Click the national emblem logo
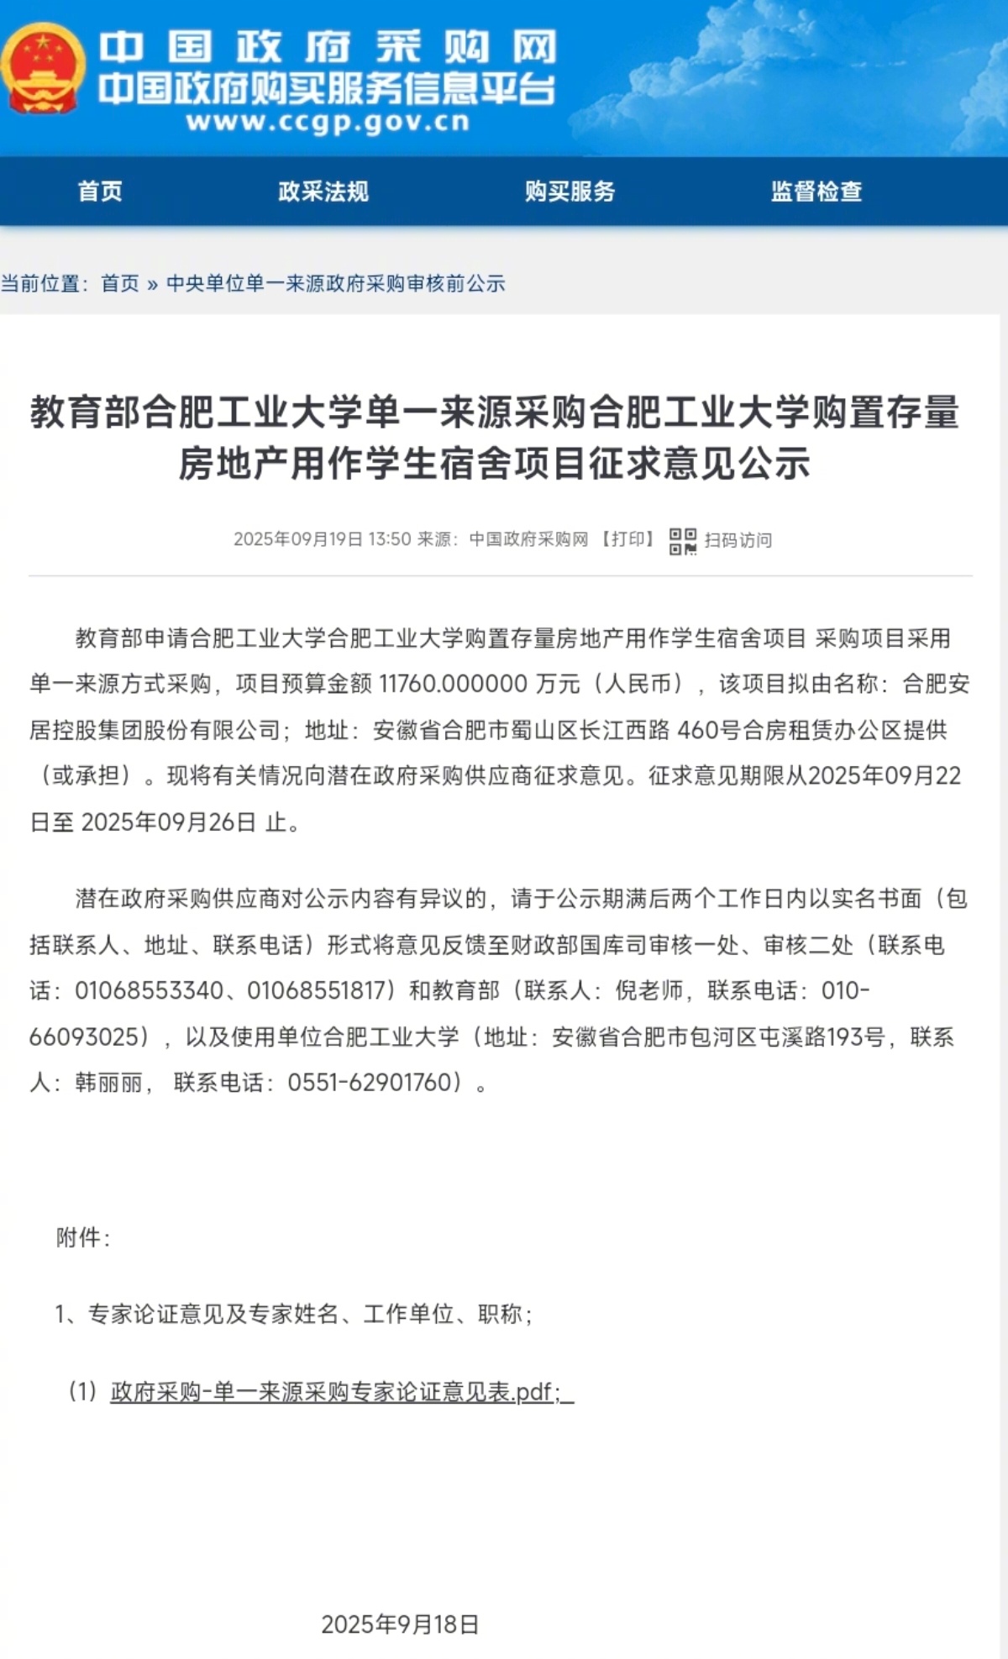(x=42, y=69)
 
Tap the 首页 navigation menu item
(x=100, y=192)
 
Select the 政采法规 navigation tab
(x=323, y=192)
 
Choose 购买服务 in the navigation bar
(x=570, y=192)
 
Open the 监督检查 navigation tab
(x=816, y=192)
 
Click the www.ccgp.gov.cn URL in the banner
(x=328, y=122)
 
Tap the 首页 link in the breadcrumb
(x=120, y=284)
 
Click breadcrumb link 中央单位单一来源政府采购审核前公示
(x=336, y=284)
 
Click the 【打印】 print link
(x=627, y=539)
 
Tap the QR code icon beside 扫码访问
(x=683, y=541)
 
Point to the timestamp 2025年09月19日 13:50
(x=323, y=539)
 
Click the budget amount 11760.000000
(x=454, y=684)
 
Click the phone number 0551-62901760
(x=375, y=1083)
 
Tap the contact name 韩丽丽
(x=108, y=1083)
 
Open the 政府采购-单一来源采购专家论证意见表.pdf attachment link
(x=336, y=1393)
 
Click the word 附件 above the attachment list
(x=79, y=1237)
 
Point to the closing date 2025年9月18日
(x=400, y=1625)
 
